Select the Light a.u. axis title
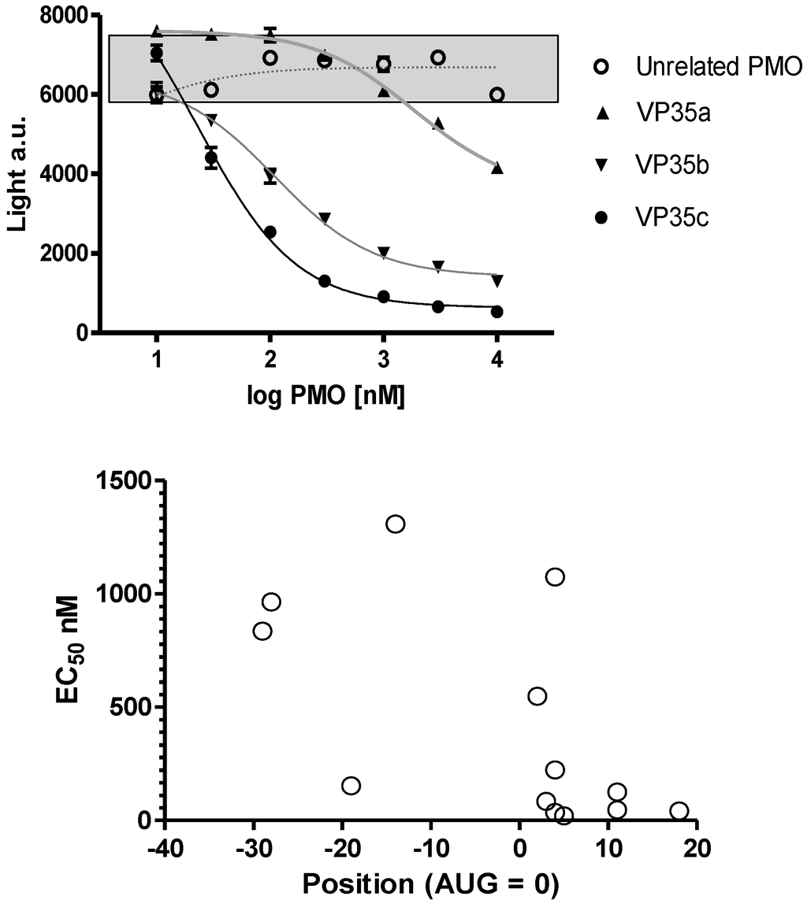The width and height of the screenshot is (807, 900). point(17,173)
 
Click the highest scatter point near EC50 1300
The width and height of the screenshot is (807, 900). point(396,524)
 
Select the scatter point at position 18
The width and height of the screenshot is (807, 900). point(679,811)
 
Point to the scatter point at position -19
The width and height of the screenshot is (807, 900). point(351,785)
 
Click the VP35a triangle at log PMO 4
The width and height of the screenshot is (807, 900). point(496,168)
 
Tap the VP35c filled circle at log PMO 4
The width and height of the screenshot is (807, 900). point(496,312)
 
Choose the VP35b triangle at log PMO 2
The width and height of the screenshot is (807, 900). point(270,175)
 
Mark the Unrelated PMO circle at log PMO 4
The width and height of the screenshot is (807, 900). point(496,94)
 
